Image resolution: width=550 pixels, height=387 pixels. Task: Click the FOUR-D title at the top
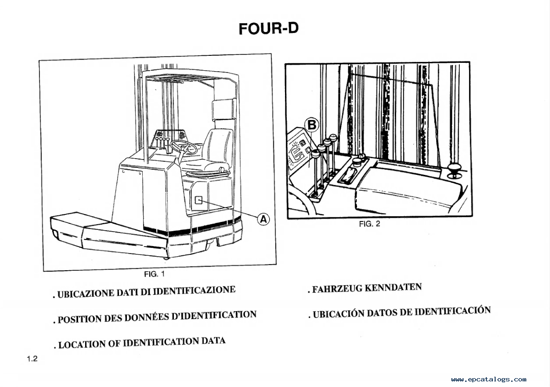coord(268,28)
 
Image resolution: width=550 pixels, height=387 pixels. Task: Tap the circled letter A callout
coord(264,219)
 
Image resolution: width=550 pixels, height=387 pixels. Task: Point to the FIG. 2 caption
coord(370,224)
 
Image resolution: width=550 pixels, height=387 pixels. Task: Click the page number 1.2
coord(32,359)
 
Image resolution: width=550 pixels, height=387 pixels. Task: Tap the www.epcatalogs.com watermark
coord(489,380)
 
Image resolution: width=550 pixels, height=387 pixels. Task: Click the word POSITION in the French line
coord(80,320)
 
